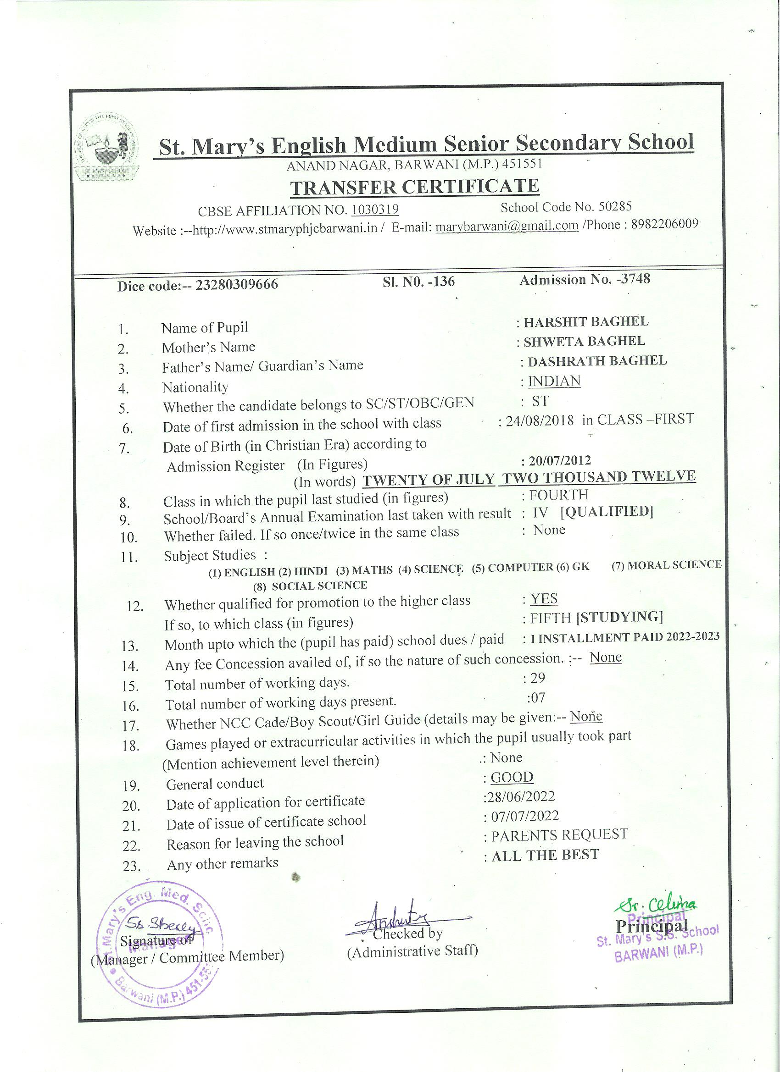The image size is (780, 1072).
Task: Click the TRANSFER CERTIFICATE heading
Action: coord(414,187)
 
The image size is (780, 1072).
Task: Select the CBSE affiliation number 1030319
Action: coord(375,210)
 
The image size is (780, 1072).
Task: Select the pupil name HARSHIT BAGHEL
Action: coord(585,322)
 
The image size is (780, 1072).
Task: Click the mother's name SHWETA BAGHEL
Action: coord(584,341)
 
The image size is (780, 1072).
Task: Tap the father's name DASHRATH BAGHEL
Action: coord(597,361)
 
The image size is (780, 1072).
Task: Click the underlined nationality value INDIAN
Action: coord(554,381)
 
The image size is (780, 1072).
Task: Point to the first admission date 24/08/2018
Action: coord(540,420)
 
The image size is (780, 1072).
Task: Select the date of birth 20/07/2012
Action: coord(557,460)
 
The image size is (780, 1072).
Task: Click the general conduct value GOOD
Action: coord(512,777)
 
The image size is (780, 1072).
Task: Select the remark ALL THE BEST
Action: coord(545,855)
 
